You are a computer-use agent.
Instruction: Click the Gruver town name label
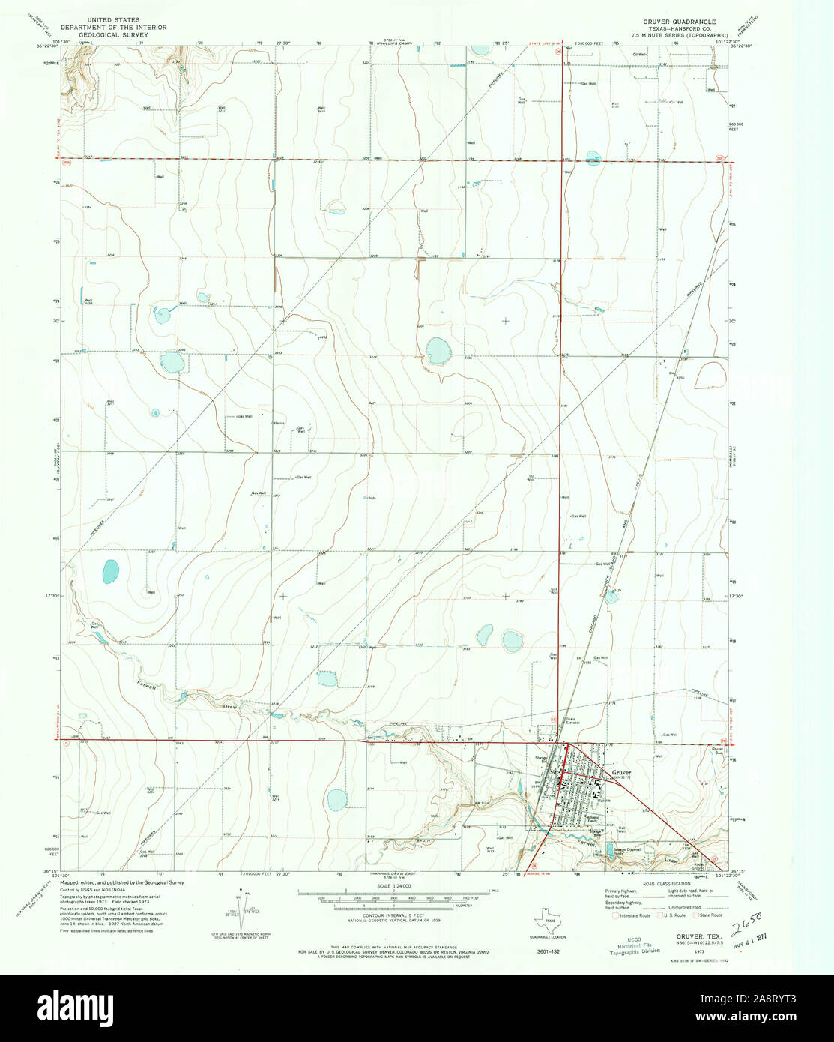[621, 772]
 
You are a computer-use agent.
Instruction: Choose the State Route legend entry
[710, 915]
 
